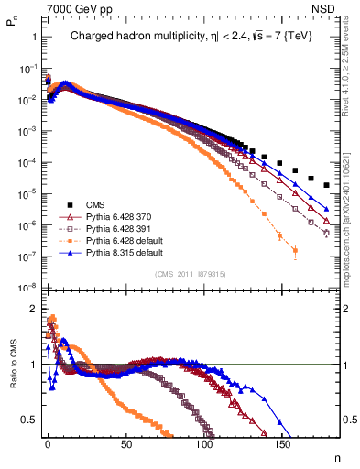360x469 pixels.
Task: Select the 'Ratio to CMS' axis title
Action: point(11,376)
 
